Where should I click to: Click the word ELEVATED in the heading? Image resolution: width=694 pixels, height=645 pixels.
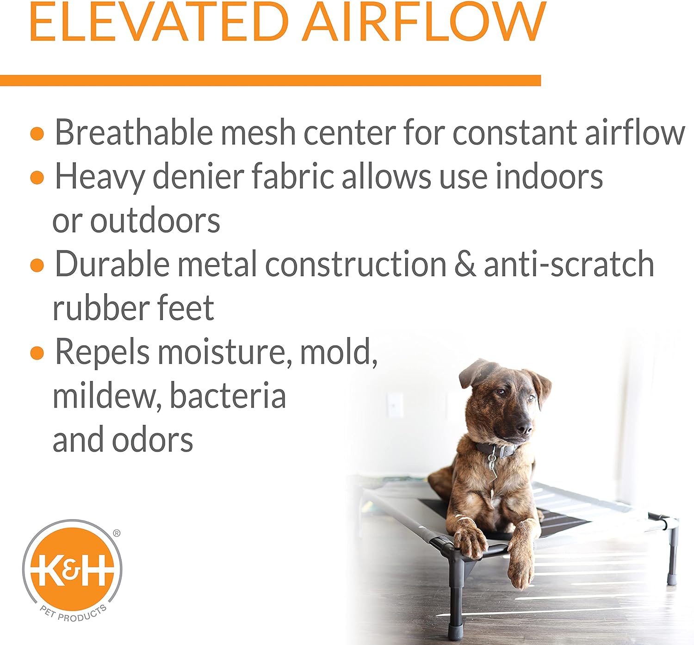[159, 22]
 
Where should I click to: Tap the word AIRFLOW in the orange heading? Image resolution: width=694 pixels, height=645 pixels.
[424, 22]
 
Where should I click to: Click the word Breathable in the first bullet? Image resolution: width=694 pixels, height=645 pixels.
[134, 132]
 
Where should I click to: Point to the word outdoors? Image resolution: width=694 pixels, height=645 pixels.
[155, 221]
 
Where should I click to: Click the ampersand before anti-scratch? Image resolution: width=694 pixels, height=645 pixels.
[465, 265]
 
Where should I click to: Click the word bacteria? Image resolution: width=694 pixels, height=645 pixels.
[228, 396]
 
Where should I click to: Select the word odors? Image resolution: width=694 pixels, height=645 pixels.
[152, 439]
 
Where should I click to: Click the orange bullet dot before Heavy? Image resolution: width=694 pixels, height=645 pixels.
[37, 178]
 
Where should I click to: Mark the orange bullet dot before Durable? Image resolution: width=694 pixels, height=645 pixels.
[37, 266]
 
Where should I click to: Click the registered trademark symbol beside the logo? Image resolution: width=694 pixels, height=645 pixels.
[117, 533]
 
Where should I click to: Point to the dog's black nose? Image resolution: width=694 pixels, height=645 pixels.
[524, 428]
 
